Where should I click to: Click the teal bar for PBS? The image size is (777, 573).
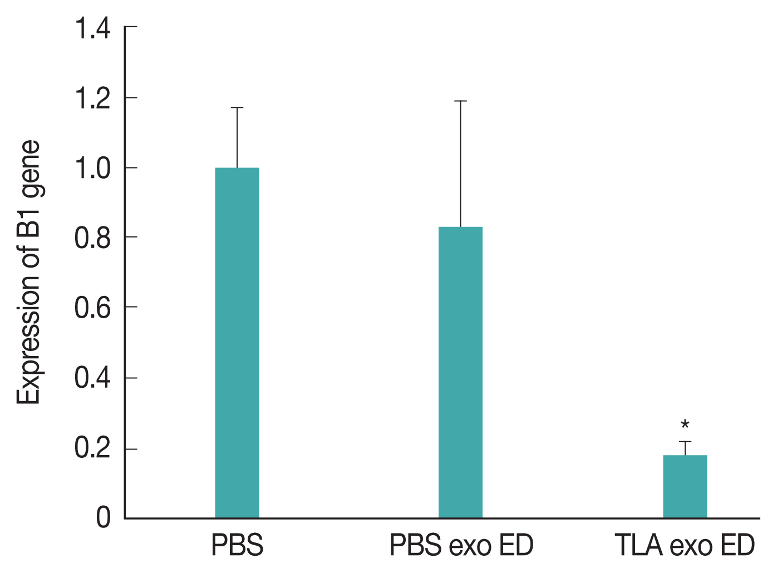click(237, 343)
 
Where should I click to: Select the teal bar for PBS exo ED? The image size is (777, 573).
click(460, 372)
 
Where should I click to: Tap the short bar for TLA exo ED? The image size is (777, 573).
click(685, 487)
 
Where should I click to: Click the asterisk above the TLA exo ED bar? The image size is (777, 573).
click(685, 426)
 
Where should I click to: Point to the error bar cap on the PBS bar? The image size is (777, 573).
click(237, 107)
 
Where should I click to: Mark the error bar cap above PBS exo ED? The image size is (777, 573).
click(460, 101)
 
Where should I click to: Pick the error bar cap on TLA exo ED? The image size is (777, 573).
click(685, 442)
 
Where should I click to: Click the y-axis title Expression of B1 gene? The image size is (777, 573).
click(29, 273)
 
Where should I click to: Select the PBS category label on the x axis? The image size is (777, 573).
click(237, 546)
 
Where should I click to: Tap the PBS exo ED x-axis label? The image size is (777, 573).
click(461, 546)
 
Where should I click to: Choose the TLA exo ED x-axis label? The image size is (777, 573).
click(685, 546)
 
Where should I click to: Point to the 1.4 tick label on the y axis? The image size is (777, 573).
click(92, 29)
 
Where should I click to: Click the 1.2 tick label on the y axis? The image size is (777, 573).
click(92, 99)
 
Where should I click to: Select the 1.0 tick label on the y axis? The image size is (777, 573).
click(92, 169)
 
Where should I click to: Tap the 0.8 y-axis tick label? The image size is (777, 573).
click(92, 239)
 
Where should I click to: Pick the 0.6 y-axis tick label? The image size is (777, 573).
click(92, 308)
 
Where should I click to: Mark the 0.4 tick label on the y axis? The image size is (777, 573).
click(92, 379)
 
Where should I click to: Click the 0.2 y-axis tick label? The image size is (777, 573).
click(92, 449)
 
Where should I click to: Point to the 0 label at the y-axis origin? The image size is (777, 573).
click(104, 518)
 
